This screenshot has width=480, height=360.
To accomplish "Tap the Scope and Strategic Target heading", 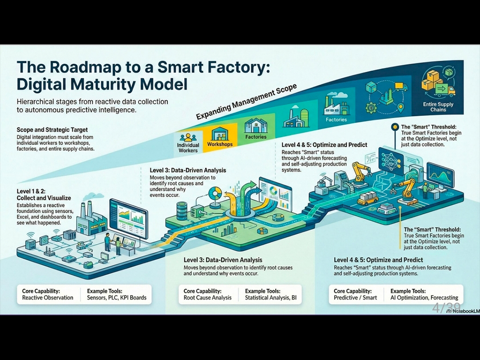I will (x=52, y=130).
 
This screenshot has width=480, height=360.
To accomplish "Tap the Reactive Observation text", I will (x=48, y=298).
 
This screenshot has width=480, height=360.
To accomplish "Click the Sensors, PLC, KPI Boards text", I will (x=117, y=298).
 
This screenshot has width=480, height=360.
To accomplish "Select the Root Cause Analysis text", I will (x=208, y=298).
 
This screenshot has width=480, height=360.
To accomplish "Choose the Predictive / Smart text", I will (x=356, y=298).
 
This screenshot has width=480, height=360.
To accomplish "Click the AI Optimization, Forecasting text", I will (x=424, y=298).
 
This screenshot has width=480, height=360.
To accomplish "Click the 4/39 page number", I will (x=446, y=308).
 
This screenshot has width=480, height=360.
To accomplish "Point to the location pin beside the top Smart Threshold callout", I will (x=394, y=127).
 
